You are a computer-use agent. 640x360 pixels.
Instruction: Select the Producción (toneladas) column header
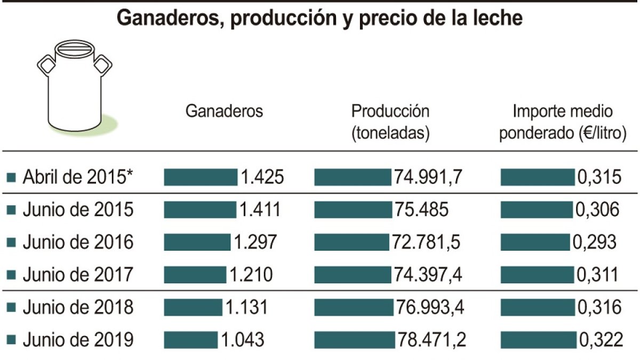[390, 122]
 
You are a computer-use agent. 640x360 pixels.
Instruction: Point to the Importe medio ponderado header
[563, 122]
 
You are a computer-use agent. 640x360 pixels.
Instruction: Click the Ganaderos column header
[224, 111]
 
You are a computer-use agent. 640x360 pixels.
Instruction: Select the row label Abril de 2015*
[77, 177]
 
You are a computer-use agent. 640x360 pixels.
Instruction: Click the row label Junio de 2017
[77, 275]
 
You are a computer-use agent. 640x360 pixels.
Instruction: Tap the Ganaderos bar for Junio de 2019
[190, 340]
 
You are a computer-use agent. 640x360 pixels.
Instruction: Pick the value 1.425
[261, 177]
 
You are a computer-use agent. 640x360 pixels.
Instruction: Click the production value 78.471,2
[431, 340]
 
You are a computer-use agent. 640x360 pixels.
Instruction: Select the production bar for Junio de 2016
[350, 242]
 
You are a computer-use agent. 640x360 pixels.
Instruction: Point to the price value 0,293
[595, 242]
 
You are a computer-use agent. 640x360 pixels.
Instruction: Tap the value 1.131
[245, 308]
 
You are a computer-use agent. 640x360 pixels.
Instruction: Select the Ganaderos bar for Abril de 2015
[200, 177]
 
